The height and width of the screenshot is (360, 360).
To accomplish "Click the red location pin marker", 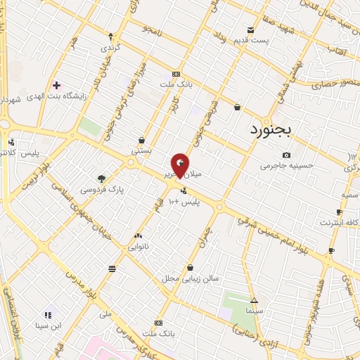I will coord(181,165).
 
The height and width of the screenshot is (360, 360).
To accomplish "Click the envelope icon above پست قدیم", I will coord(251,30).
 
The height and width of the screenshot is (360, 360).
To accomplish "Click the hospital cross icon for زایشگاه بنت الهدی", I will coord(56,85).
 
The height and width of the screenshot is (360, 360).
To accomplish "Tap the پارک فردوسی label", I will coord(101,190).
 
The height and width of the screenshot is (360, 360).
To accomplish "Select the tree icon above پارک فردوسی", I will coord(101,179).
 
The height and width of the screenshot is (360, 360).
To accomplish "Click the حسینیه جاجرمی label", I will coord(285,167).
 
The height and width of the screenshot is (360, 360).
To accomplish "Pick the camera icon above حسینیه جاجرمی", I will coord(286,155).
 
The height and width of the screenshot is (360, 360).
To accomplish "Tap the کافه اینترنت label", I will coord(340,223).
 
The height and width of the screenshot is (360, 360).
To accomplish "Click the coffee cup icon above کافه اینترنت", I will coord(340,212).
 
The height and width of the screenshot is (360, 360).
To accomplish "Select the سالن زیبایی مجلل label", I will coord(192,278).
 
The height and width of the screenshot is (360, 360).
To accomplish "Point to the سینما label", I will coord(255,310).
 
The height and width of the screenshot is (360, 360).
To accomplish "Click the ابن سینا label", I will coord(50,326).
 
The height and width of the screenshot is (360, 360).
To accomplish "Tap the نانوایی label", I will coord(138,247).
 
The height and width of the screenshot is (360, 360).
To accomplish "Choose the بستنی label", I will coord(141,150).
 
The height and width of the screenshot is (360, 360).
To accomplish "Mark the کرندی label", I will coord(110,49).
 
